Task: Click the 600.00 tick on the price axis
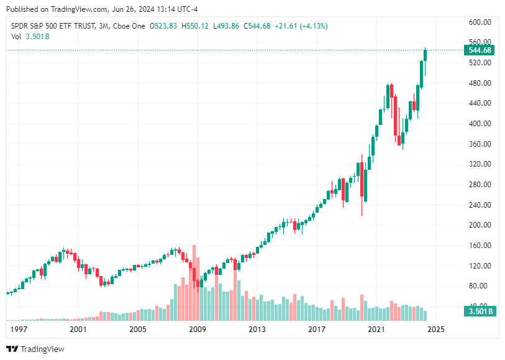pyautogui.click(x=480, y=22)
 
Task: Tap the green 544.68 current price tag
pyautogui.click(x=480, y=50)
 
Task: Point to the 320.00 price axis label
pyautogui.click(x=480, y=164)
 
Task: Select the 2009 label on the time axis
pyautogui.click(x=197, y=329)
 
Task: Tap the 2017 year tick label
pyautogui.click(x=317, y=329)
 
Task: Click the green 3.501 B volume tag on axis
pyautogui.click(x=480, y=312)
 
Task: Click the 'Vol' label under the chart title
pyautogui.click(x=17, y=36)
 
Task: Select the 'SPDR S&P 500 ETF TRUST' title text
pyautogui.click(x=53, y=26)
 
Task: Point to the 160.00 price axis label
pyautogui.click(x=480, y=246)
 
